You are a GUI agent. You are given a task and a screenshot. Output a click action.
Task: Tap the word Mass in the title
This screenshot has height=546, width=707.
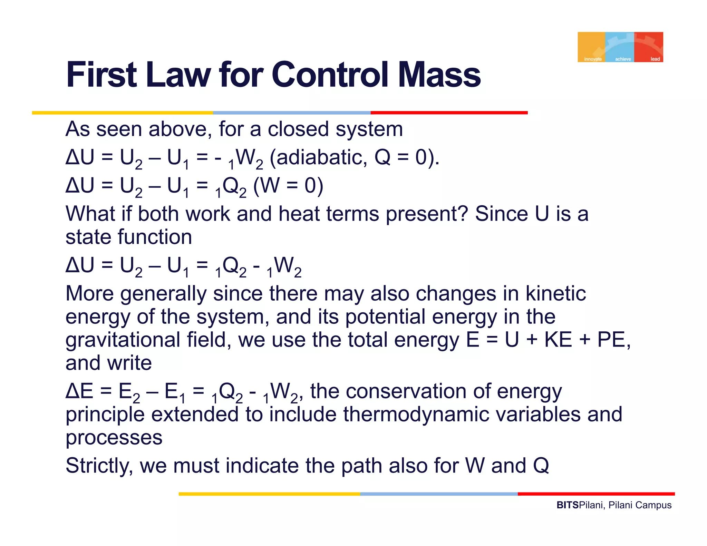(x=439, y=75)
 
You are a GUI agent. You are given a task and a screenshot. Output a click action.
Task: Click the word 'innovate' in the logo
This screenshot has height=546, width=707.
(x=593, y=59)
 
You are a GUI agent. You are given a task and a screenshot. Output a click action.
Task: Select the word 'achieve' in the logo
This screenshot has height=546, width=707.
(x=623, y=59)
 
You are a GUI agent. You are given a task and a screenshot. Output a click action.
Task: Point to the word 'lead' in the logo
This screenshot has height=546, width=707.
(x=655, y=59)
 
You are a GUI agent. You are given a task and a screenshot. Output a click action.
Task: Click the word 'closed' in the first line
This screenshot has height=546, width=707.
(x=298, y=129)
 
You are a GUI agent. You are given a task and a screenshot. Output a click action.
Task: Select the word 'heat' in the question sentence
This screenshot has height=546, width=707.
(x=299, y=214)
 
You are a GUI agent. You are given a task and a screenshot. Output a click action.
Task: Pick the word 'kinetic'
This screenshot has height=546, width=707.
(x=555, y=293)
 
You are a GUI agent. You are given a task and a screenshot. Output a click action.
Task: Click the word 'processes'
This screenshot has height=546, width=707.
(x=114, y=438)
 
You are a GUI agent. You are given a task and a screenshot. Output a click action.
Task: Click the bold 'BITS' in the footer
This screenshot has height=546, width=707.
(x=567, y=505)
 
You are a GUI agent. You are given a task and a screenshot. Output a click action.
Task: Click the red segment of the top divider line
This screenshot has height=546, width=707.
(x=449, y=113)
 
